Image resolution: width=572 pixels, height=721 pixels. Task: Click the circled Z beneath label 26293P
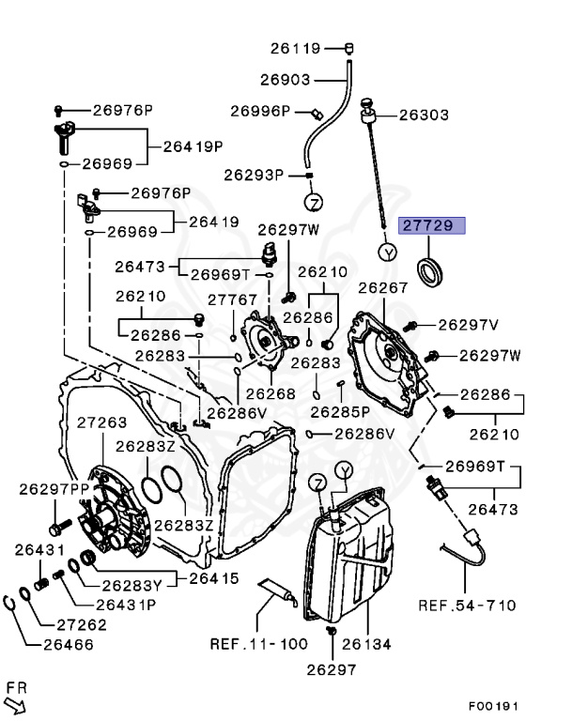[x=313, y=203]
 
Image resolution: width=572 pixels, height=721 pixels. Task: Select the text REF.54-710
[x=467, y=605]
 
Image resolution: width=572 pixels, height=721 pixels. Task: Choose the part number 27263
[x=101, y=422]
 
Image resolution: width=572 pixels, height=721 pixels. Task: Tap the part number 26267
[x=383, y=287]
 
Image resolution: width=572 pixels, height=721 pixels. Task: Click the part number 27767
[x=232, y=299]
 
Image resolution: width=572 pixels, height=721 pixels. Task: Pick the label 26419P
[x=193, y=146]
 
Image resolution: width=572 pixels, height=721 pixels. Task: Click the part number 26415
[x=214, y=578]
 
